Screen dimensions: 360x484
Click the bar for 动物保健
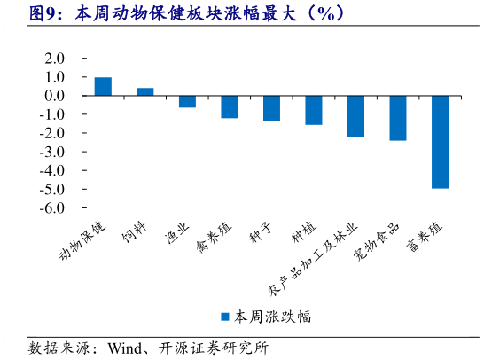pos(103,86)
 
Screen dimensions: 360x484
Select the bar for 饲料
pos(144,91)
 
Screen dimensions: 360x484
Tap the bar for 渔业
pos(187,101)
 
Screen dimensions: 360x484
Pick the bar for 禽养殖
pos(230,106)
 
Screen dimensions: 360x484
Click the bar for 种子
pos(271,108)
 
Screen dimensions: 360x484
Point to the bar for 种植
pos(314,110)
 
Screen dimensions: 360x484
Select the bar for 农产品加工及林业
pos(355,116)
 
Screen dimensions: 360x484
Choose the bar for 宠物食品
pos(398,118)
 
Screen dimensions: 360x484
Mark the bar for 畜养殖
pos(440,142)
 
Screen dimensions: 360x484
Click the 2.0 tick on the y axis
pos(55,59)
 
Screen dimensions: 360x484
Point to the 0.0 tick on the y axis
pos(55,96)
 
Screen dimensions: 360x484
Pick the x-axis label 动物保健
pos(82,241)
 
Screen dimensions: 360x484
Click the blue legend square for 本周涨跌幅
pos(225,316)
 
